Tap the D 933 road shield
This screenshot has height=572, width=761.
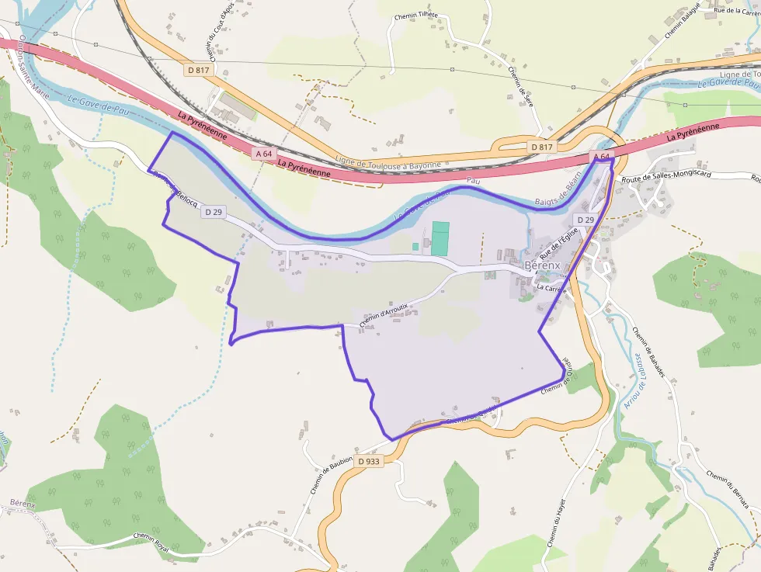point(369,461)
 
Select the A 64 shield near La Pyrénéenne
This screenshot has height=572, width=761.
point(264,154)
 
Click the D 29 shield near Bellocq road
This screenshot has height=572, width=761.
point(213,211)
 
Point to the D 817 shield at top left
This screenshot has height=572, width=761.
point(198,70)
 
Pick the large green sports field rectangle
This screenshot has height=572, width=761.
point(440,238)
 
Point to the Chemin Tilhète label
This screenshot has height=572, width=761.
point(417,16)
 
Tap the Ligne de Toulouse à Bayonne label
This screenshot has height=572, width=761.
point(387,164)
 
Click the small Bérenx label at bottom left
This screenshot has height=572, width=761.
point(23,504)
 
